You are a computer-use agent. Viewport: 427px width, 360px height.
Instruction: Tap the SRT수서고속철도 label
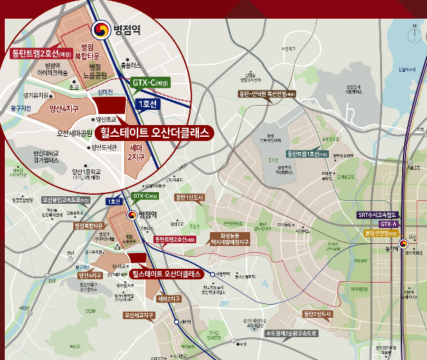coord(378,215)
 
